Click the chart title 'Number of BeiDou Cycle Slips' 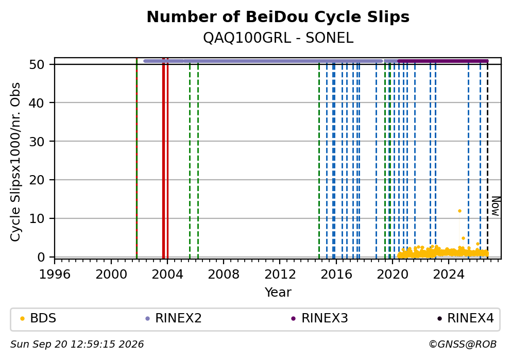coord(278,17)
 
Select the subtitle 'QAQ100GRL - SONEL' coord(278,38)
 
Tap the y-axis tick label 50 coord(37,64)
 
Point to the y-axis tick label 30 coord(37,142)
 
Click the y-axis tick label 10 coord(37,218)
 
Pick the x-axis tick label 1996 coord(55,275)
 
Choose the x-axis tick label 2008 coord(224,275)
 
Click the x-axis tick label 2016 coord(336,275)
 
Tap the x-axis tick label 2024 coord(449,275)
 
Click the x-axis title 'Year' coord(278,292)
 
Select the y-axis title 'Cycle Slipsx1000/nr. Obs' coord(15,162)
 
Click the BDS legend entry coord(38,318)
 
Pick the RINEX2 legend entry coord(174,318)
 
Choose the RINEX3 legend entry coord(319,318)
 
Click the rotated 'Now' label coord(496,206)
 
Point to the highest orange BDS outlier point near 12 coord(459,211)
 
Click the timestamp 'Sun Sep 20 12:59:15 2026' coord(77,345)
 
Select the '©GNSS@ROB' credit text coord(463,345)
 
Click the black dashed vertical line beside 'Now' coord(487,160)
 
